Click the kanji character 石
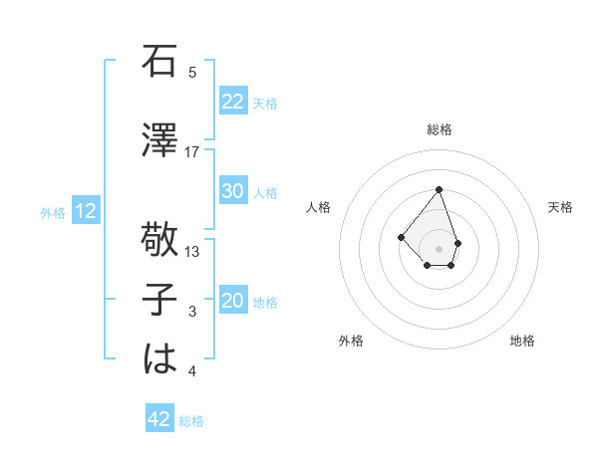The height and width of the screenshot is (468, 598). tap(159, 63)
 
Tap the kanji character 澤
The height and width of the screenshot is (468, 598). tap(159, 140)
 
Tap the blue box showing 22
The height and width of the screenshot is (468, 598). tap(232, 102)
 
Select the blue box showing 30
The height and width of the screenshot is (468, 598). tap(232, 191)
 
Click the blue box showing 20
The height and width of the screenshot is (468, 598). tap(232, 302)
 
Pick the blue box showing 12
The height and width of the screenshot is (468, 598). tap(86, 211)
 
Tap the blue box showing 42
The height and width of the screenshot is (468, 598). tap(158, 419)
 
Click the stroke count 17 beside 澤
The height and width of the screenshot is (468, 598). tap(192, 151)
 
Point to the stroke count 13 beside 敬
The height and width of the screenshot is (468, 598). tap(192, 252)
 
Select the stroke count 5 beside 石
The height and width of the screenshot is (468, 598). tap(192, 72)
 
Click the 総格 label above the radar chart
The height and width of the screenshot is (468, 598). tap(440, 129)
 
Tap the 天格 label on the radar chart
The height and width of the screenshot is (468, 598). tap(560, 207)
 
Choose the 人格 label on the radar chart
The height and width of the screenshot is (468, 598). tap(319, 207)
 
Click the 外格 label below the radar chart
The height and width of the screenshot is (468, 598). tap(351, 341)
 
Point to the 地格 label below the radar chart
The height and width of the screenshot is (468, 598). tap(522, 341)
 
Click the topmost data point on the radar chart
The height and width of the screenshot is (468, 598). tap(439, 189)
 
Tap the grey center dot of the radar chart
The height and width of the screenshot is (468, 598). tap(439, 248)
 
